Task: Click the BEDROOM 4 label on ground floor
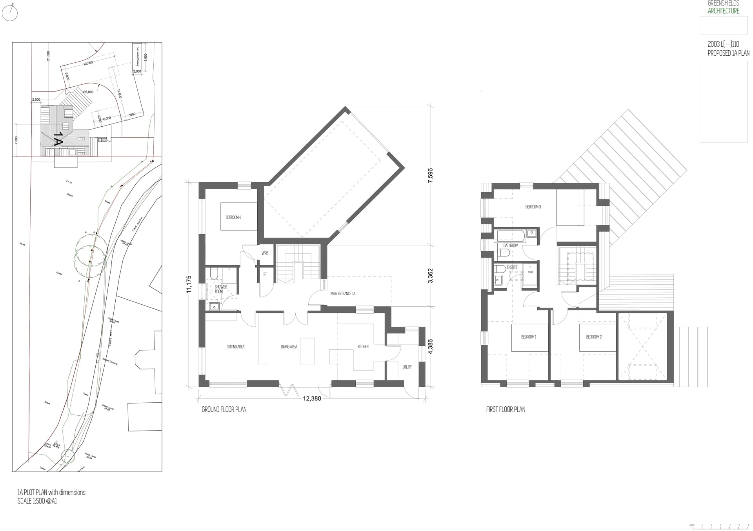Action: (233, 217)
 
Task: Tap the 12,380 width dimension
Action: (312, 398)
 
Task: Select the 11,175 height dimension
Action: (189, 284)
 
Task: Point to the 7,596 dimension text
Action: (430, 176)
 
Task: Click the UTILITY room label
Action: (407, 367)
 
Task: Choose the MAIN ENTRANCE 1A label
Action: (343, 293)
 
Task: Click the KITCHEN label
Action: (363, 347)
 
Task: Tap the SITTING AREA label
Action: (236, 347)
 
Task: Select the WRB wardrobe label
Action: (265, 253)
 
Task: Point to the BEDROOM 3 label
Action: (533, 207)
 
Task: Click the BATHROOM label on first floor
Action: (511, 245)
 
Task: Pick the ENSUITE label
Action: (512, 267)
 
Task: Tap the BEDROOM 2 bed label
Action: (594, 337)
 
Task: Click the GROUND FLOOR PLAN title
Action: (224, 409)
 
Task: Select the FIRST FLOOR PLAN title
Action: (506, 409)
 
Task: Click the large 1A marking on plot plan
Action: (58, 139)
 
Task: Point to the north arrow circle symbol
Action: (10, 14)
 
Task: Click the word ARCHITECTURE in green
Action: (723, 11)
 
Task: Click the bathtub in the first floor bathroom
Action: (511, 236)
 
